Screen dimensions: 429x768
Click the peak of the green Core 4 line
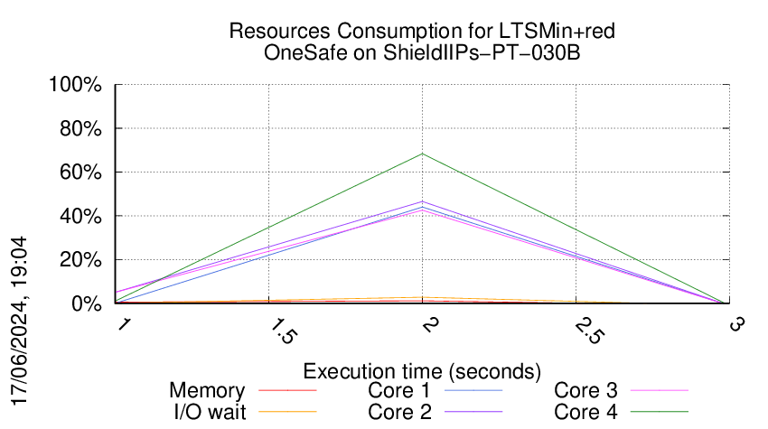click(422, 154)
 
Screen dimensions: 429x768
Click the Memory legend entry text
click(207, 391)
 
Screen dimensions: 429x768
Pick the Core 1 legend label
click(399, 391)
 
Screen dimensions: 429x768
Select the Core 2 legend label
click(399, 412)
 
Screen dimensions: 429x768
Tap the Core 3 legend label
click(585, 391)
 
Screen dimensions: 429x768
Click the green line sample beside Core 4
click(659, 412)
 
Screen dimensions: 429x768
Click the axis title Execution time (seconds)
click(422, 371)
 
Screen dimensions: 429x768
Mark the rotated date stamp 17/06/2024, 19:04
click(20, 321)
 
